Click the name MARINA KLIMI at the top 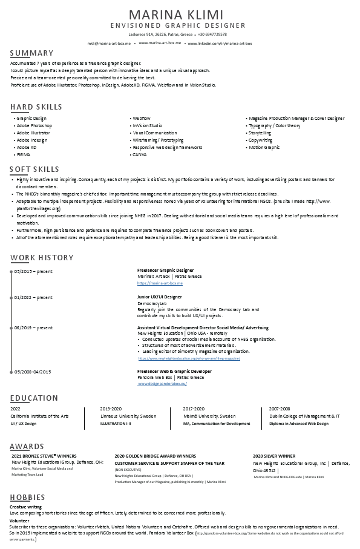click(179, 15)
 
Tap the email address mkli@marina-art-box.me click(109, 44)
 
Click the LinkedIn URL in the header click(220, 44)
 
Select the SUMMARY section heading click(31, 53)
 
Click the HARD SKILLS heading click(36, 107)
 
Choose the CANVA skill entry click(139, 154)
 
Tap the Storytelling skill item click(260, 133)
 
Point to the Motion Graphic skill click(264, 147)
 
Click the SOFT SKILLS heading click(34, 169)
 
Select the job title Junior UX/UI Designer click(160, 297)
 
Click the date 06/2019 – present click(33, 327)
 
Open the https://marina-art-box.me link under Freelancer click(160, 283)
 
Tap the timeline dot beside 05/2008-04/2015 click(11, 371)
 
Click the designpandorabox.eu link click(162, 384)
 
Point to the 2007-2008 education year click(280, 409)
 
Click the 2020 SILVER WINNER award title click(274, 456)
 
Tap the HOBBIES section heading click(27, 498)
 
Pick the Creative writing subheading click(25, 506)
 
